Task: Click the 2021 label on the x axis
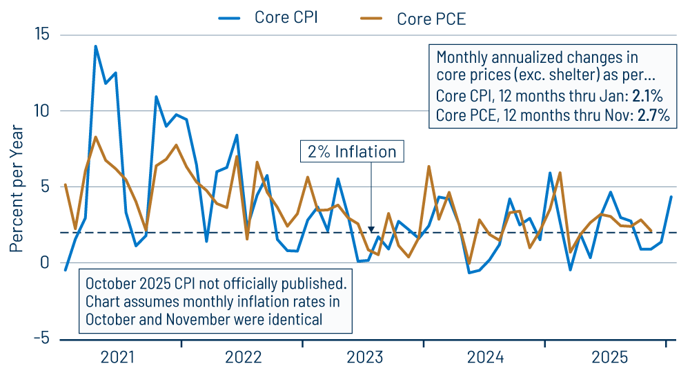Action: click(118, 357)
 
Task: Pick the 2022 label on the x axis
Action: click(243, 357)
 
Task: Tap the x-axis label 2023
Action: click(364, 357)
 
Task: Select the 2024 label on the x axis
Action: click(486, 357)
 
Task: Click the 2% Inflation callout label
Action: click(352, 152)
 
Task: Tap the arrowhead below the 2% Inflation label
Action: click(371, 229)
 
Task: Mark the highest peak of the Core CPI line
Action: click(95, 46)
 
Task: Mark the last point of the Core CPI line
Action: click(671, 197)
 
